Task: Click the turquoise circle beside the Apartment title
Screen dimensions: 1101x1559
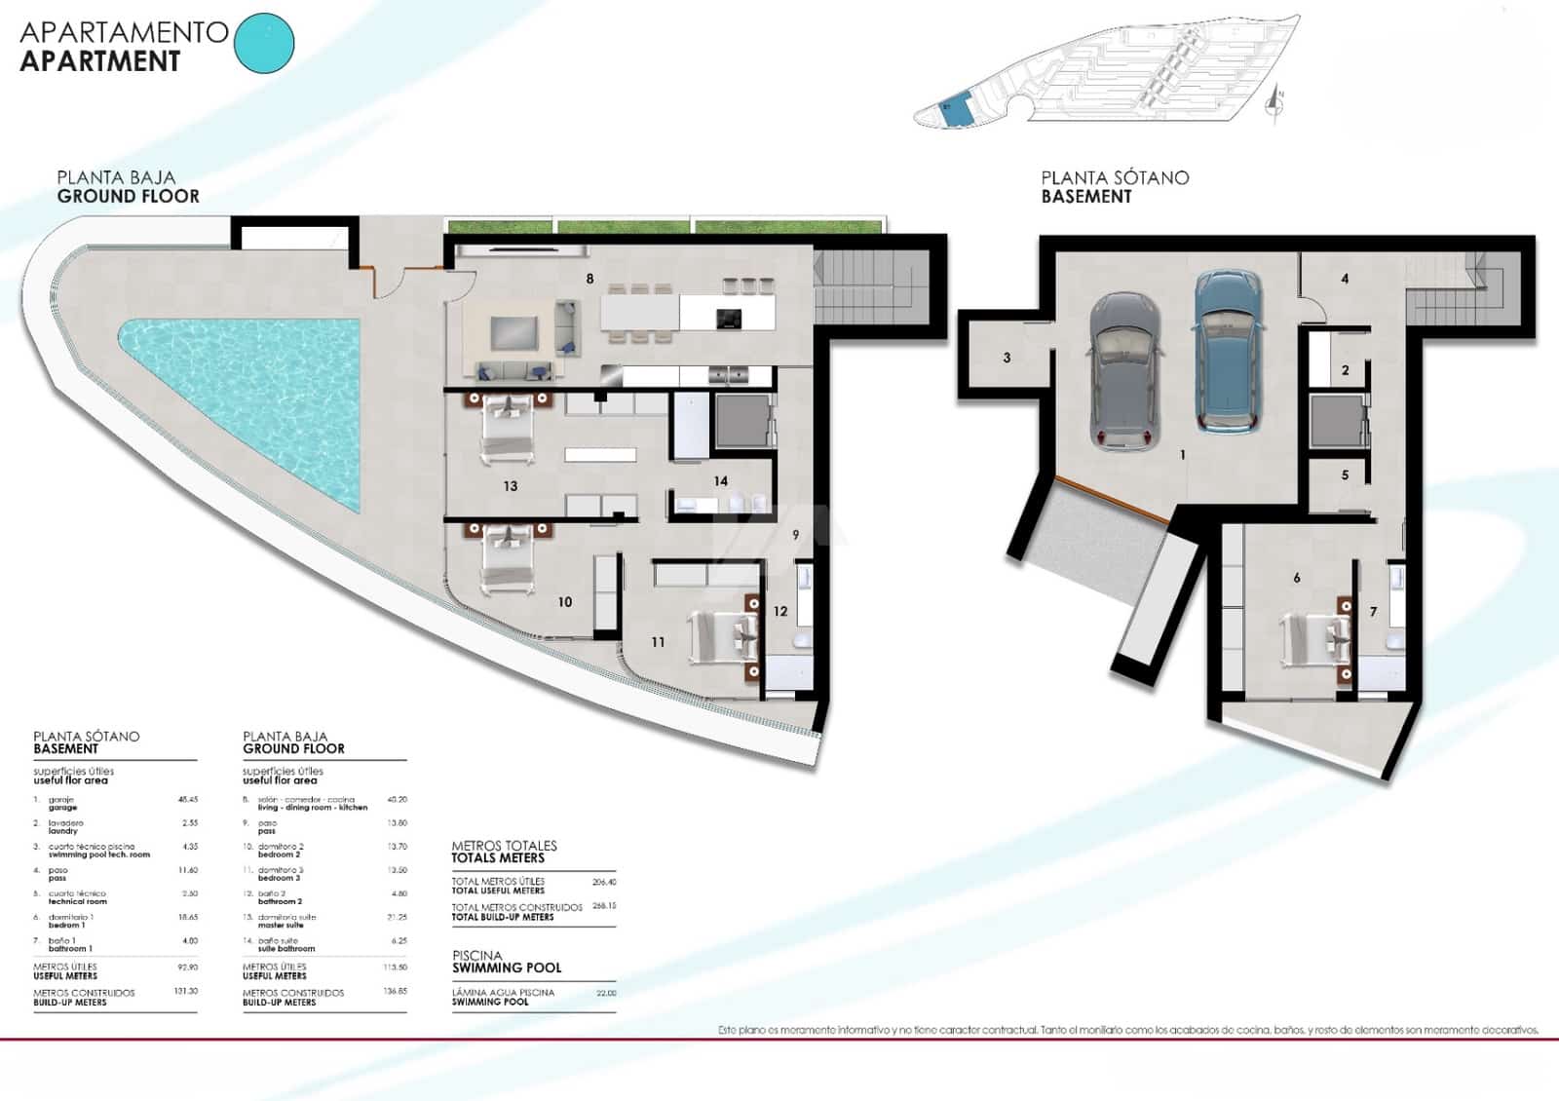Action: click(x=264, y=43)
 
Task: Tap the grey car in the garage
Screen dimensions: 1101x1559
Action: click(x=1125, y=371)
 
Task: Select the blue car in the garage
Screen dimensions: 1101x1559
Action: click(x=1228, y=352)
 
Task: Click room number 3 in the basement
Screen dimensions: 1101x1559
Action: click(x=1007, y=358)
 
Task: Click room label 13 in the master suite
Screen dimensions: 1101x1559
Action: click(x=511, y=485)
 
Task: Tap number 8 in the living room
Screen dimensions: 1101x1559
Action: click(x=589, y=279)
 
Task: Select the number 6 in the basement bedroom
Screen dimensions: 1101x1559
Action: click(x=1296, y=578)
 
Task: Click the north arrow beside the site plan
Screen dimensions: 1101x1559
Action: click(x=1274, y=102)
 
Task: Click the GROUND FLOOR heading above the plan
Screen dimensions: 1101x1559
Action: click(x=128, y=196)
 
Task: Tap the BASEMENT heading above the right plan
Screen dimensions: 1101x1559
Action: click(x=1085, y=196)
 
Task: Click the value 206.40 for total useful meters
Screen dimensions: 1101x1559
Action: click(x=604, y=882)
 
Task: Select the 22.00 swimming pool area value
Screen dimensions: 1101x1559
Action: click(x=606, y=993)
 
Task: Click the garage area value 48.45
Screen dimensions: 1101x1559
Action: click(x=188, y=800)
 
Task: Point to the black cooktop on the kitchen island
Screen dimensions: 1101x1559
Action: click(x=728, y=318)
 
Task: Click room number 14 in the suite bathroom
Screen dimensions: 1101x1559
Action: click(x=720, y=480)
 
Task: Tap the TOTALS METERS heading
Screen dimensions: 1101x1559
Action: click(x=497, y=857)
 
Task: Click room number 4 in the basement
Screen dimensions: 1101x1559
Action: click(x=1345, y=279)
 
